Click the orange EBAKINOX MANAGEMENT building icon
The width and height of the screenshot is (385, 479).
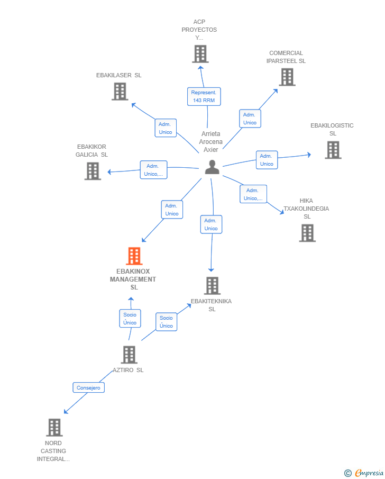point(134,256)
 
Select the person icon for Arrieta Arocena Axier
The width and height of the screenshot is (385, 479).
point(212,167)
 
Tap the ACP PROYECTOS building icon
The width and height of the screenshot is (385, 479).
point(200,54)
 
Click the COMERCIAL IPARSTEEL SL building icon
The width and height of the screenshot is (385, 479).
point(287,77)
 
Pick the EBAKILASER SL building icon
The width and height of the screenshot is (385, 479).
point(120,92)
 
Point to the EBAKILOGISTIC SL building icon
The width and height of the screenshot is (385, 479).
point(333,150)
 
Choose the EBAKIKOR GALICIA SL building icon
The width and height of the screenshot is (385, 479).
point(93,171)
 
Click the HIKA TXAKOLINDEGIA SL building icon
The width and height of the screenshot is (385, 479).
point(307,233)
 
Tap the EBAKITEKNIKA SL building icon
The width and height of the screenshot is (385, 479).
point(212,286)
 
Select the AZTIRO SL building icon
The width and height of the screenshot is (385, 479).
point(129,355)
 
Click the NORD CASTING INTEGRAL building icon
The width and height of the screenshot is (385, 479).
point(54,427)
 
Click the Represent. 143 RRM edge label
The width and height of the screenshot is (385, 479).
point(204,96)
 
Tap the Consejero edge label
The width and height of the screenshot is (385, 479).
point(88,387)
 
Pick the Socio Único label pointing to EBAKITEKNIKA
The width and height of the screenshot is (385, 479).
point(166,322)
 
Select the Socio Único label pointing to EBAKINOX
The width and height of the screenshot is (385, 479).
point(130,319)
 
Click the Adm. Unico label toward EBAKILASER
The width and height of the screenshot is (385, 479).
point(166,128)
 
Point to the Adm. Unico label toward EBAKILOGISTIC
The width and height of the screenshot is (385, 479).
point(267,160)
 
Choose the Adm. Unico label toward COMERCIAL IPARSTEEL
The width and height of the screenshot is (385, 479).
point(250,119)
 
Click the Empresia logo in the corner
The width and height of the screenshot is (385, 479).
point(363,473)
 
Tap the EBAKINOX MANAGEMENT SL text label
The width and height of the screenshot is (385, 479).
point(133,279)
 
